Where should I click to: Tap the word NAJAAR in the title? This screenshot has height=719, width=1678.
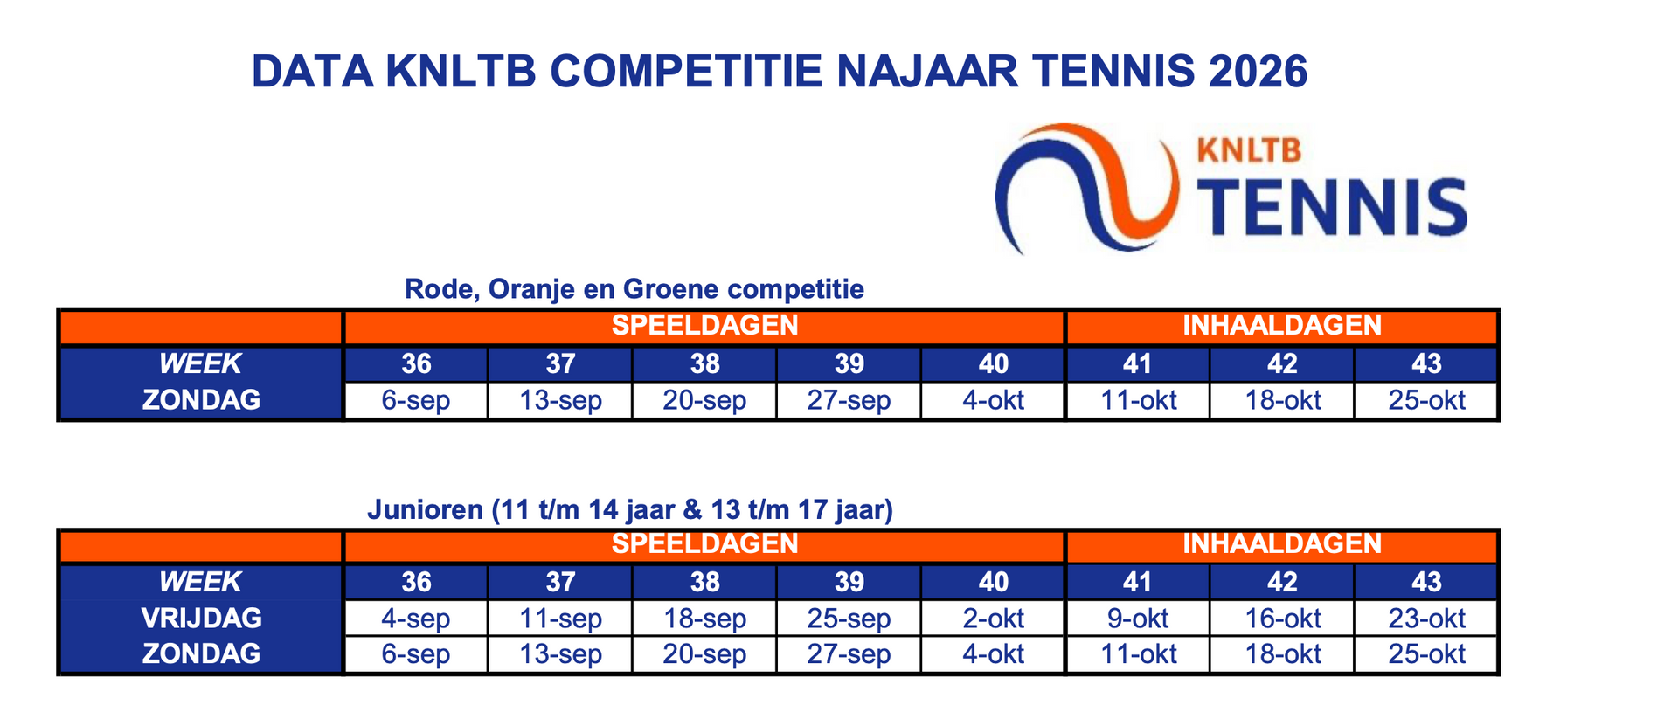click(x=928, y=72)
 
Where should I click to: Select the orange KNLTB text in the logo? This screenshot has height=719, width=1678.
click(x=1248, y=149)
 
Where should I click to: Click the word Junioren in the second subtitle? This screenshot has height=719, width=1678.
click(x=425, y=508)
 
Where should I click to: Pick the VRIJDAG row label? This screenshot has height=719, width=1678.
click(x=201, y=618)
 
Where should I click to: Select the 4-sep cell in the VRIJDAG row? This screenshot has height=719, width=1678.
click(x=416, y=619)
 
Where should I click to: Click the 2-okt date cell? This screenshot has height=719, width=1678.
click(x=994, y=619)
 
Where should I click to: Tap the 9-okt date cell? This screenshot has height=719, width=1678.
click(x=1138, y=619)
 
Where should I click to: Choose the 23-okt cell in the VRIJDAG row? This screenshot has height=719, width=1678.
click(x=1426, y=619)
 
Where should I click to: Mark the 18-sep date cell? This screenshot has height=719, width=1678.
click(x=704, y=619)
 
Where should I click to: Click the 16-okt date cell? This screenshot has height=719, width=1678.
click(x=1282, y=619)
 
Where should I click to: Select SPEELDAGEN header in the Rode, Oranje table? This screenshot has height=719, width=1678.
click(x=704, y=326)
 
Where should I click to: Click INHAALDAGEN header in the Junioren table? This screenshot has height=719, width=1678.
click(x=1282, y=544)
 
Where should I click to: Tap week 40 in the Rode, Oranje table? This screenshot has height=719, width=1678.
click(x=994, y=363)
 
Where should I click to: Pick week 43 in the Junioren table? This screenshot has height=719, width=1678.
click(x=1426, y=582)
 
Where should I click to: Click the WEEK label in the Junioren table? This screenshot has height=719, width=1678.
click(x=200, y=582)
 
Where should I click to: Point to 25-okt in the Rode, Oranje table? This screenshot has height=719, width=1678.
click(x=1426, y=401)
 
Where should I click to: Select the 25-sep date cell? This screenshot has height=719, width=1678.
click(x=849, y=619)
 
